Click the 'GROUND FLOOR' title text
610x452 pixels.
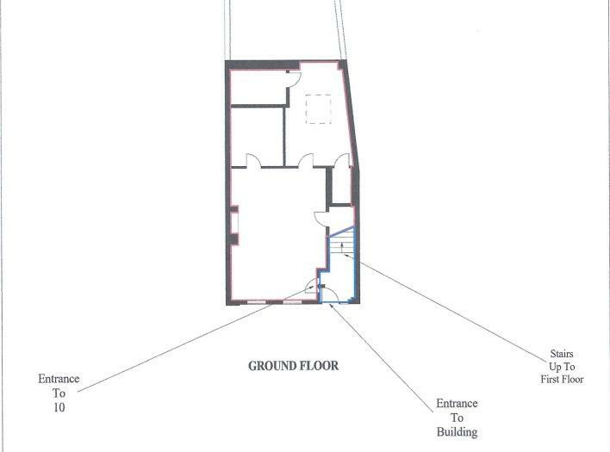(x=293, y=366)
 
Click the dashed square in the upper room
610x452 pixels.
(x=318, y=109)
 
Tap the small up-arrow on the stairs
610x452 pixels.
(x=343, y=246)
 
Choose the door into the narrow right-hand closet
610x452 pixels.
(x=343, y=161)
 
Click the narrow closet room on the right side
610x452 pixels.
(x=343, y=185)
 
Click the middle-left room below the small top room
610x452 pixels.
(x=257, y=136)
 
